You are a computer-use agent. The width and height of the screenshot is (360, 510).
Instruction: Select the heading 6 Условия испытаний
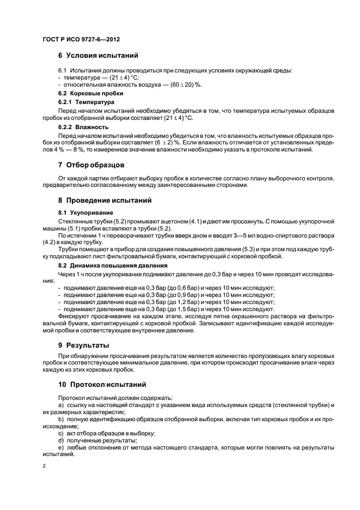pos(98,56)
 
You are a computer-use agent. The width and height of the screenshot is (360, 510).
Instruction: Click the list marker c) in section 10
pos(60,433)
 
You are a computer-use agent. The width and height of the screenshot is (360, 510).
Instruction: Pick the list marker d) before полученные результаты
pos(60,440)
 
